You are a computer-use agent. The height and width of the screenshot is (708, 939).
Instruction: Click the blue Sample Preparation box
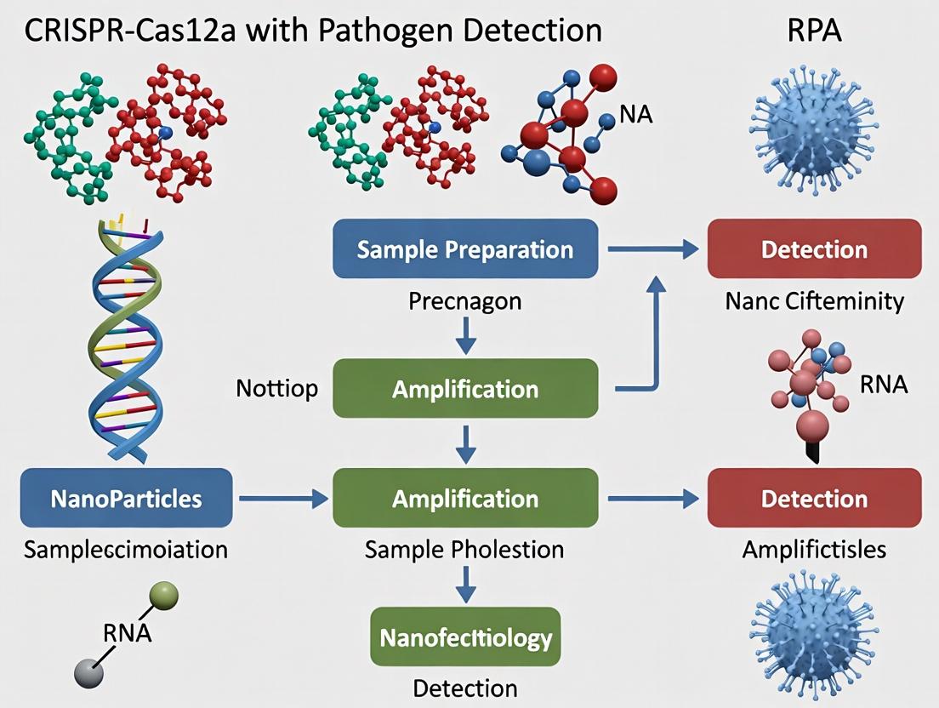click(x=464, y=249)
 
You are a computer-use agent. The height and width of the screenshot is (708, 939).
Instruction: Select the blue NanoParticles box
click(x=126, y=498)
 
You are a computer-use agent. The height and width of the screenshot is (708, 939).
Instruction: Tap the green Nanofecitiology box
click(x=465, y=637)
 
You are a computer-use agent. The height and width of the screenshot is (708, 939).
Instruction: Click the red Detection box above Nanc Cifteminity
click(x=814, y=249)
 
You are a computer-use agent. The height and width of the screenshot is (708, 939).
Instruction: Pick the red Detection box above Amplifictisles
click(x=814, y=498)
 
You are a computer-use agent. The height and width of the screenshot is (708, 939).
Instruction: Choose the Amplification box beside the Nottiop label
click(x=465, y=389)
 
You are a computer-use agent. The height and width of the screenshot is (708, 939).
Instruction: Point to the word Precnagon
click(x=464, y=301)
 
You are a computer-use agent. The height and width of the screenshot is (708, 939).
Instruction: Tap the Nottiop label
click(x=276, y=389)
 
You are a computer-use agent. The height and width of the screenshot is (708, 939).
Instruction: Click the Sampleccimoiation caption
click(x=126, y=549)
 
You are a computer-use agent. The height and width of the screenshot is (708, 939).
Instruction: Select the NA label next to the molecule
click(x=636, y=114)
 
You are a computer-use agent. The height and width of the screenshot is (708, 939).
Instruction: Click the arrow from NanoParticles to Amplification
click(x=282, y=499)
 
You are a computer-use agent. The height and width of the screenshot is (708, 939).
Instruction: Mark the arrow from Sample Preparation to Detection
click(x=652, y=249)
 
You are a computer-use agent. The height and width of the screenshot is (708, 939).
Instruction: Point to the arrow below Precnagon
click(x=464, y=337)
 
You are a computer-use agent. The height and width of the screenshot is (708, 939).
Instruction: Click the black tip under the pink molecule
click(x=812, y=451)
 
